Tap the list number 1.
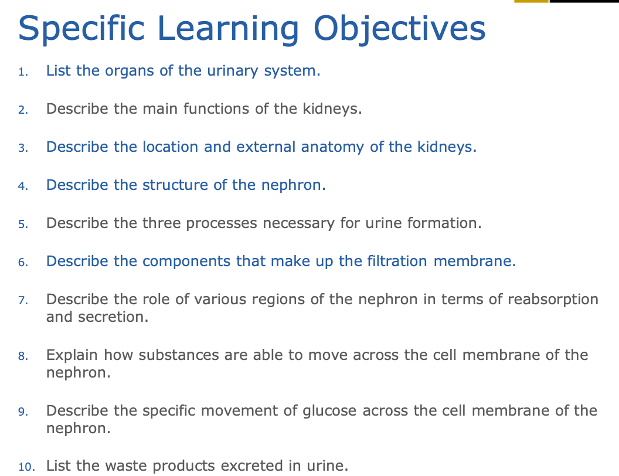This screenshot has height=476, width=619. (23, 72)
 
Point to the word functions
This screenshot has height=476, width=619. (216, 108)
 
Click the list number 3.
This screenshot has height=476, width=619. (23, 148)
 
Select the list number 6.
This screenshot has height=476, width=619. (23, 263)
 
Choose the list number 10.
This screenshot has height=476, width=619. (26, 467)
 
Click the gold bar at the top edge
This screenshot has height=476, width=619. (531, 1)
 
